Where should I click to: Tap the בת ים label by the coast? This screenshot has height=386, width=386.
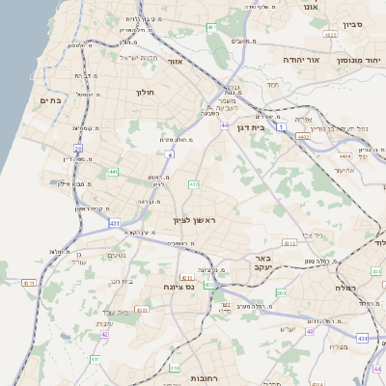point(50,99)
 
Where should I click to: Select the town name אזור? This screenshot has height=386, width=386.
point(176,61)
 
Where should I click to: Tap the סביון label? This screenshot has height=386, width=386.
point(352,23)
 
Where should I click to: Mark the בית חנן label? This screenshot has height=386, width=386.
point(120,281)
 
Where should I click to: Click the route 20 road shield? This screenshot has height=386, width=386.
point(77,148)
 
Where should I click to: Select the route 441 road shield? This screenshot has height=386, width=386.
point(113,172)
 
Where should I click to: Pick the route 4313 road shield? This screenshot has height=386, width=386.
point(361,338)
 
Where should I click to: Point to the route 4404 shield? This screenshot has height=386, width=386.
point(345,154)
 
